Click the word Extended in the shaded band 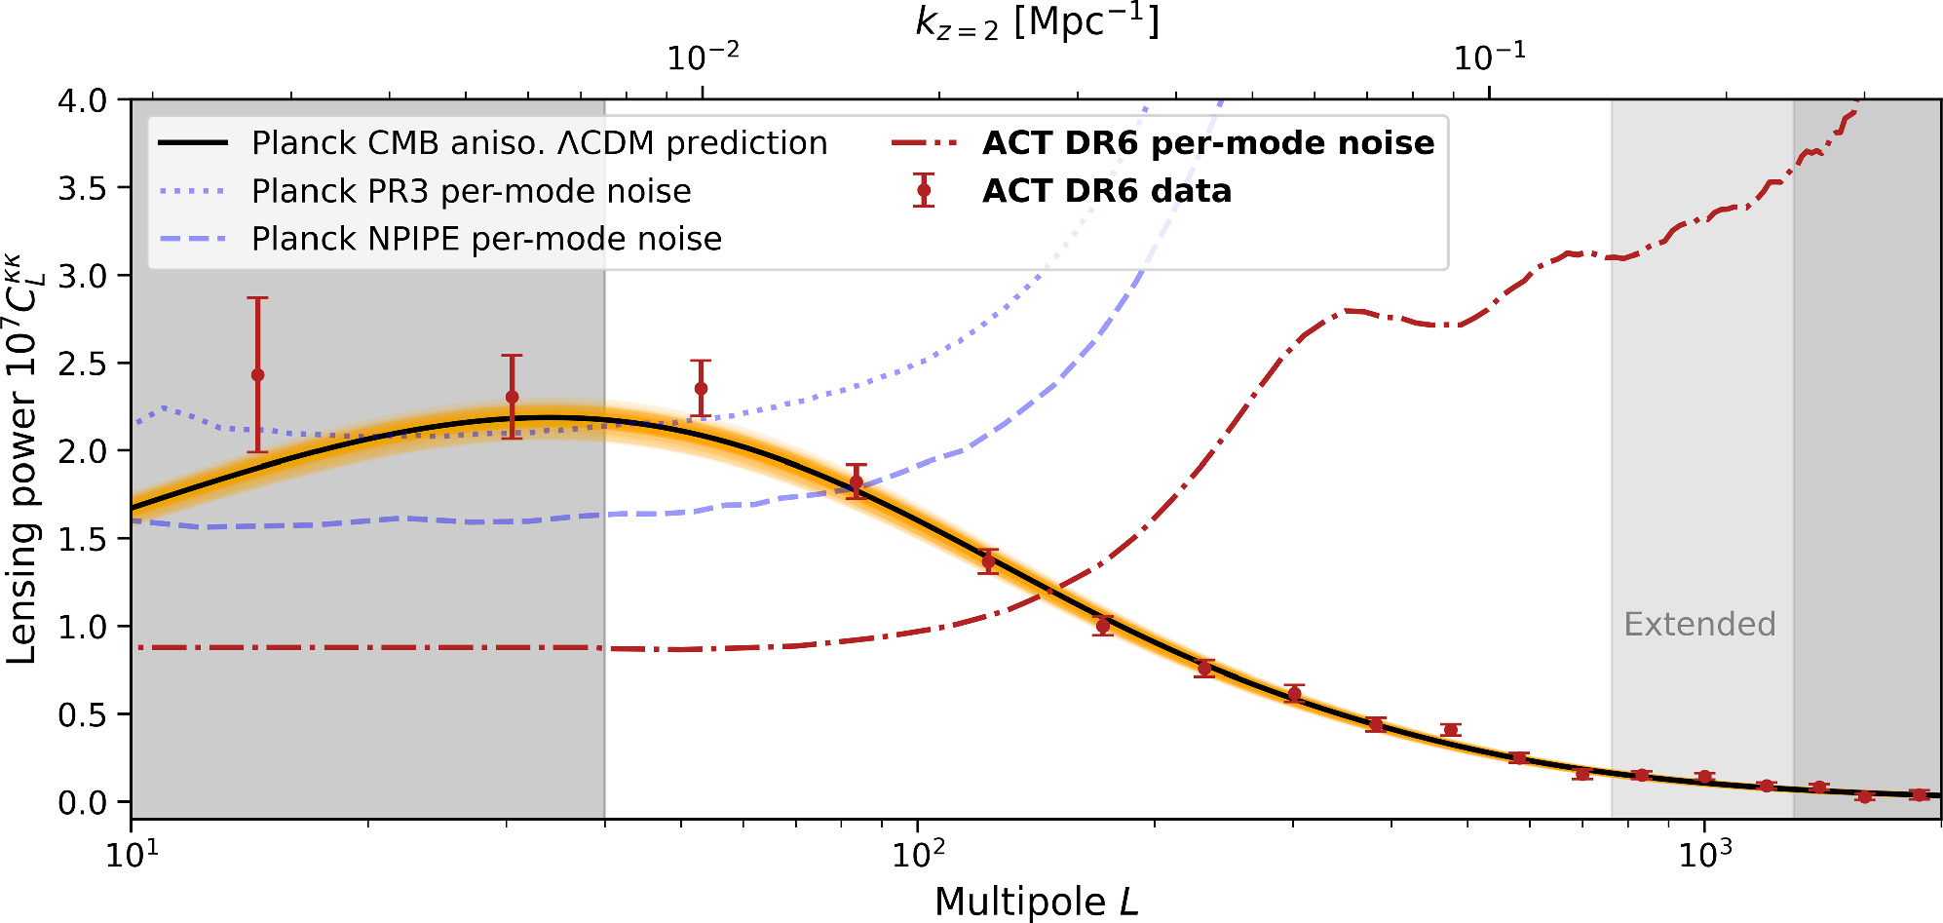(x=1699, y=624)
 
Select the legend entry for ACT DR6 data (x=1106, y=191)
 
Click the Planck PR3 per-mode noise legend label (x=471, y=191)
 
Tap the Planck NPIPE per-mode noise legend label (x=486, y=239)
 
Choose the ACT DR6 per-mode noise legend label (x=1208, y=143)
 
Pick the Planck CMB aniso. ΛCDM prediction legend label (x=539, y=143)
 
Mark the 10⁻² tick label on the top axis (x=703, y=58)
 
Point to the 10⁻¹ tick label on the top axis (x=1489, y=58)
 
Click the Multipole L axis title (x=1036, y=902)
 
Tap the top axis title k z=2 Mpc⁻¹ (x=1037, y=21)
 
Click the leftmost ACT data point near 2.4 (x=257, y=375)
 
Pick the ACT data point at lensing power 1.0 (x=1103, y=626)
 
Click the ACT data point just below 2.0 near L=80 (x=857, y=482)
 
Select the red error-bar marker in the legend (x=924, y=191)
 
